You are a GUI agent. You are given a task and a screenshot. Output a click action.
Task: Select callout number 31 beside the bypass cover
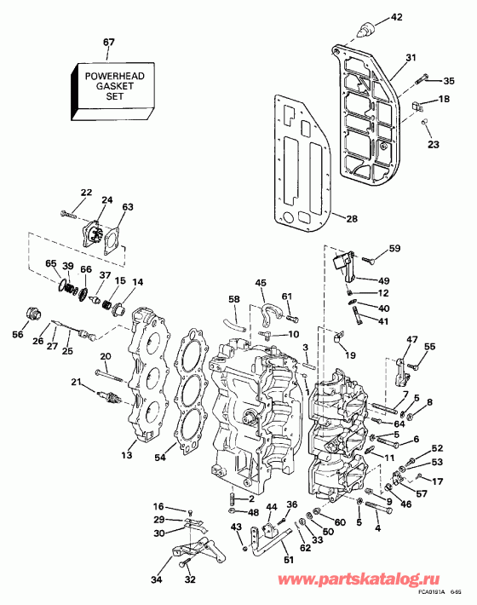(411, 57)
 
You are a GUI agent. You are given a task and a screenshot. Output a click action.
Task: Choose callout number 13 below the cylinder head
(127, 456)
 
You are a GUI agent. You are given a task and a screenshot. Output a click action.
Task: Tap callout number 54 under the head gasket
(185, 459)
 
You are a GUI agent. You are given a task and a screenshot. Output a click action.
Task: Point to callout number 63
(128, 206)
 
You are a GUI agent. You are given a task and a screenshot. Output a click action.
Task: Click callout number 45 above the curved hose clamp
(260, 283)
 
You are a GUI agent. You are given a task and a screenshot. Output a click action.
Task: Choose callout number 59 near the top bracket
(394, 249)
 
